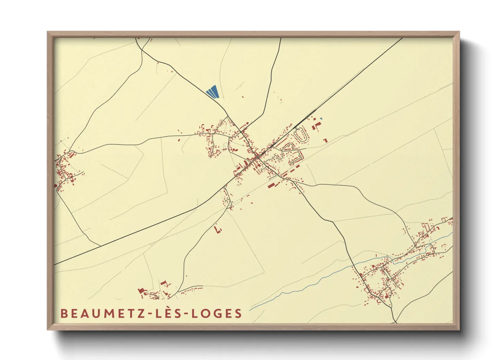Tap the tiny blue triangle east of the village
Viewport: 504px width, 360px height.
(321, 119)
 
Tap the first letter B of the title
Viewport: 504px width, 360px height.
(63, 313)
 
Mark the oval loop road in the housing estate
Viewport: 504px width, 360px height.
(300, 135)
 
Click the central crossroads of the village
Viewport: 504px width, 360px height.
(258, 157)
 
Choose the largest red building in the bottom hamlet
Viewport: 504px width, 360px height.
(141, 291)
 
